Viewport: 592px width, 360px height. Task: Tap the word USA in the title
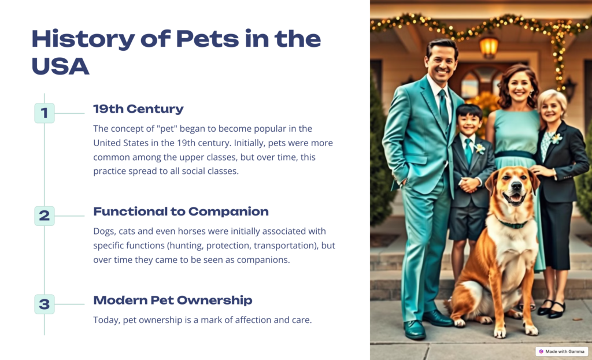[x=60, y=66]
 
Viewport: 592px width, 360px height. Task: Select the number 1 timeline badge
[x=45, y=113]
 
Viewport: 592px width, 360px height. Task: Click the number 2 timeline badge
[x=45, y=216]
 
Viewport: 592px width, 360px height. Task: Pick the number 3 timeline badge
[x=45, y=304]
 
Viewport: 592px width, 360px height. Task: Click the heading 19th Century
[x=138, y=109]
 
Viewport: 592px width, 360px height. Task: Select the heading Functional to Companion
[x=181, y=211]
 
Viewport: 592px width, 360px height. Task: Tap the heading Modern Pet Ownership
[x=172, y=300]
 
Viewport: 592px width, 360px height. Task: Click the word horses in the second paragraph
[x=191, y=231]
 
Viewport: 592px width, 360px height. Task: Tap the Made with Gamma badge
[x=561, y=351]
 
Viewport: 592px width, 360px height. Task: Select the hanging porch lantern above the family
[x=489, y=47]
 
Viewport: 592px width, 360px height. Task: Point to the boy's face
[x=469, y=122]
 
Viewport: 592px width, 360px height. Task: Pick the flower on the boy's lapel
[x=479, y=149]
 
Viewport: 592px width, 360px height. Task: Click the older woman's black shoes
[x=551, y=308]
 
